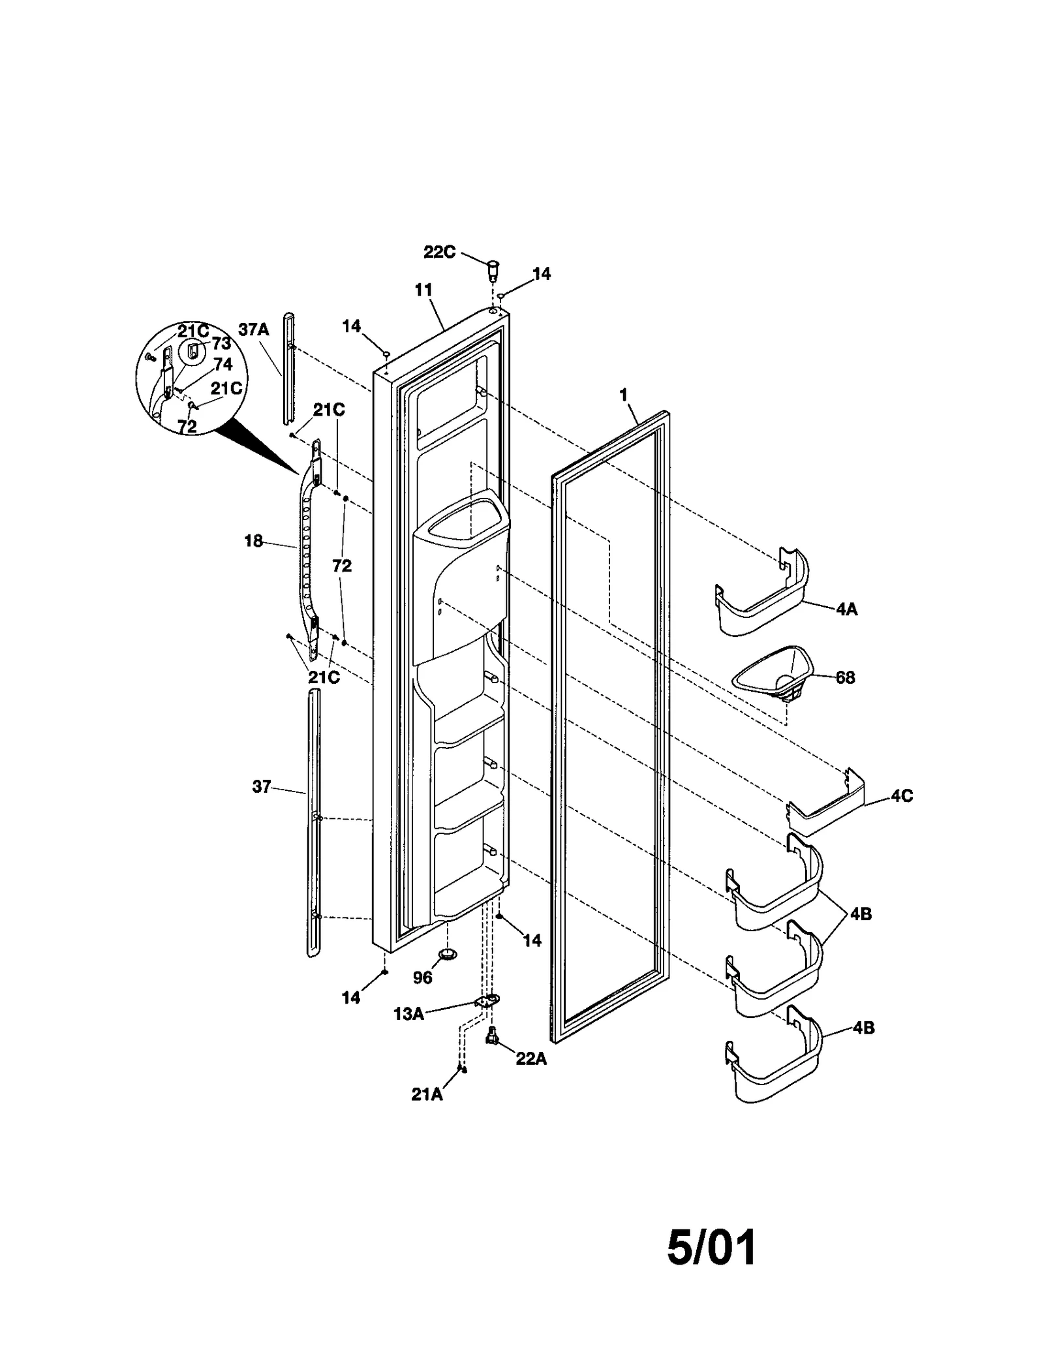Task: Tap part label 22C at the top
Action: [x=439, y=252]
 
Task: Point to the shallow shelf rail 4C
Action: [x=826, y=804]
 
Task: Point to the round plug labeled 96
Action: [x=447, y=955]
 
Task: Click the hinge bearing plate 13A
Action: [x=486, y=1002]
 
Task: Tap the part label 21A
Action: [x=427, y=1095]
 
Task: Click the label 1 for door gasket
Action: [x=623, y=395]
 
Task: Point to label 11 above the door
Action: [x=423, y=290]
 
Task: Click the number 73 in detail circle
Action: [x=221, y=344]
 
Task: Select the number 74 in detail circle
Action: [x=223, y=365]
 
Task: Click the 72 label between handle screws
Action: [x=342, y=566]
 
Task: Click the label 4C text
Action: [x=901, y=796]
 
